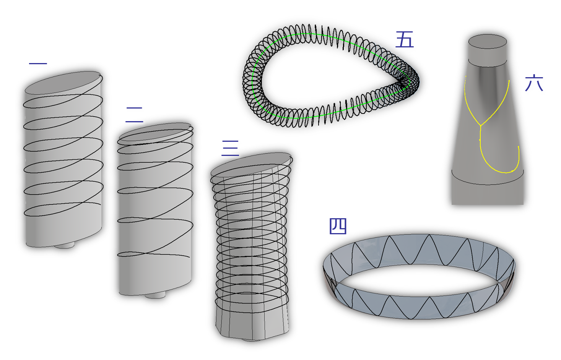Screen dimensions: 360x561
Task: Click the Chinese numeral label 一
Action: [x=38, y=65]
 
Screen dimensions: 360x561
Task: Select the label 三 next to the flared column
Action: [x=231, y=148]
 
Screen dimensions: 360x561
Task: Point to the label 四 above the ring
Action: [x=338, y=227]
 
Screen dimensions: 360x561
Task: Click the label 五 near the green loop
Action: [x=405, y=40]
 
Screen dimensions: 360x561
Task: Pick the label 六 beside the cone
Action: [x=535, y=84]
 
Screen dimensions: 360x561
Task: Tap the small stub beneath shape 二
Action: [x=155, y=295]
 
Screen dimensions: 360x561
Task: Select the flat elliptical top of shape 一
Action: [x=63, y=82]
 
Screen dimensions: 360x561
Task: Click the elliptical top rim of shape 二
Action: [x=155, y=132]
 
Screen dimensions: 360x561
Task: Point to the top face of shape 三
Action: [x=250, y=164]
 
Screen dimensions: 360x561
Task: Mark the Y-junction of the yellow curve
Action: [x=481, y=125]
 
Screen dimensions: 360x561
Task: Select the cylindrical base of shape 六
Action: [x=488, y=191]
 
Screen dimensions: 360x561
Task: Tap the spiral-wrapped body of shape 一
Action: [x=63, y=164]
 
